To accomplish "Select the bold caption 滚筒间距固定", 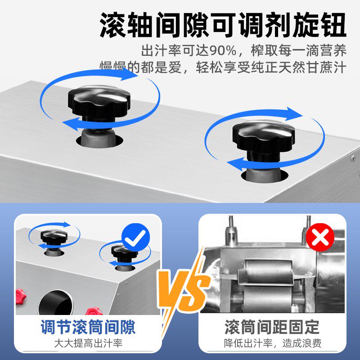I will pyautogui.click(x=272, y=327).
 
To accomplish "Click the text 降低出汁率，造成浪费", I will pyautogui.click(x=272, y=344).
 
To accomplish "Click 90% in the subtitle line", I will pyautogui.click(x=223, y=49).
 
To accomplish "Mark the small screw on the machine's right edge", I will pyautogui.click(x=353, y=158).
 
